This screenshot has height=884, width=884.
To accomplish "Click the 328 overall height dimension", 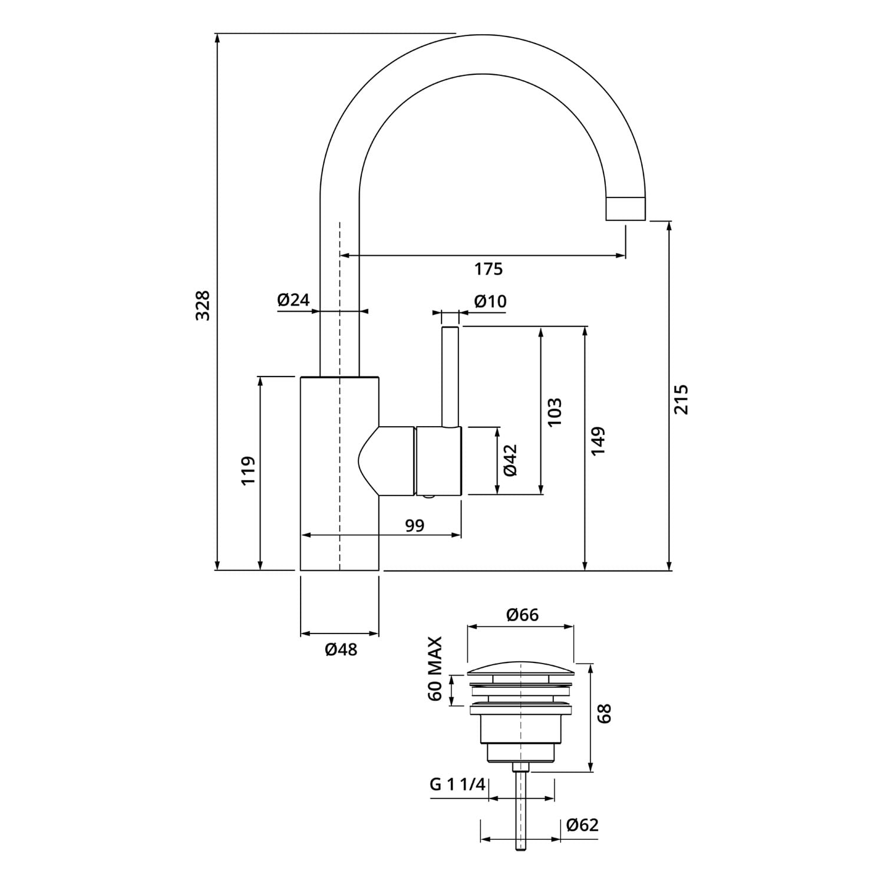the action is [x=203, y=305].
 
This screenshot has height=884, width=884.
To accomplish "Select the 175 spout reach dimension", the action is [x=489, y=269].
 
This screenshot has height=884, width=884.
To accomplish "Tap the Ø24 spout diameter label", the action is [x=293, y=299].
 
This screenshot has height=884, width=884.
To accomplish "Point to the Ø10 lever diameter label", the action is [x=490, y=301].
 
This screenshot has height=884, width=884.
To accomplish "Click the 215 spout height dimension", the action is [x=681, y=399].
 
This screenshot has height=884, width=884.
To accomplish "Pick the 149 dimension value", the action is [x=598, y=440].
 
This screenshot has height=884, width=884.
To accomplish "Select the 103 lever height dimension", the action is [x=555, y=411].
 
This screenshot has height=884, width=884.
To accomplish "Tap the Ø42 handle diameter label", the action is [x=510, y=460].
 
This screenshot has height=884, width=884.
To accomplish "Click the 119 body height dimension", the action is [x=248, y=470].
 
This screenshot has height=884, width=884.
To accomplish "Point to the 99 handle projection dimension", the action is [x=415, y=525].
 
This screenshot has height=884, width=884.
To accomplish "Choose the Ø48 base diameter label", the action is [x=341, y=649].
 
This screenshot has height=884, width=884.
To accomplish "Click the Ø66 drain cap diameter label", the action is [x=522, y=615].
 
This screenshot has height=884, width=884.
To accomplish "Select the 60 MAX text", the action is [x=435, y=668].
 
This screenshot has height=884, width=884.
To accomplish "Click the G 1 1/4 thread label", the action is [x=458, y=784].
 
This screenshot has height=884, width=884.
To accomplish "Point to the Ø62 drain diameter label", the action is [x=582, y=824].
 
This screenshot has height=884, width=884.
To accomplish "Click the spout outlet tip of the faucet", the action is [x=626, y=209].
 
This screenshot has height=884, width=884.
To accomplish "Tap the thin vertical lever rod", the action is [x=450, y=376].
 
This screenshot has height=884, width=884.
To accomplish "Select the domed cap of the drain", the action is [x=521, y=669].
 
